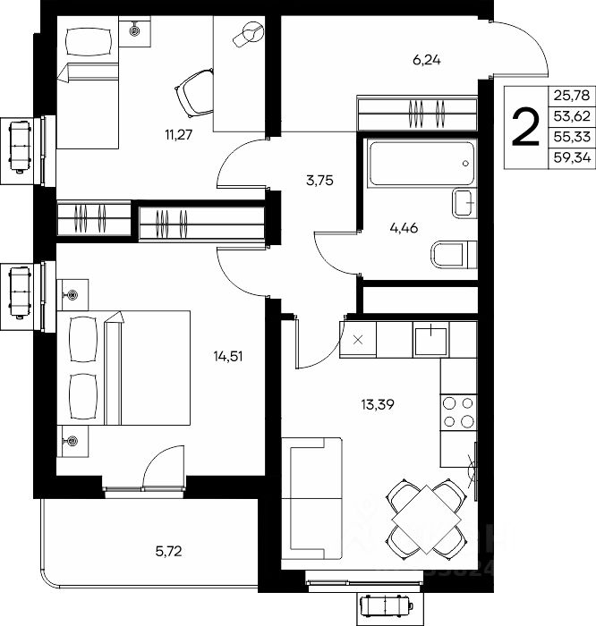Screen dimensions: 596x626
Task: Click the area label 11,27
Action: (179, 135)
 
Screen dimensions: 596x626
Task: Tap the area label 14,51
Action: (227, 356)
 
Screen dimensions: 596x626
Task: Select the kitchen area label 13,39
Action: (378, 405)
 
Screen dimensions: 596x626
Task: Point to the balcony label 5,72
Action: (168, 552)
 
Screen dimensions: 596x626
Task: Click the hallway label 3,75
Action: (319, 181)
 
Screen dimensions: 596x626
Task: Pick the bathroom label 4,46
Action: (404, 228)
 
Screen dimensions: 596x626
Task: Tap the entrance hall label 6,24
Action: (427, 60)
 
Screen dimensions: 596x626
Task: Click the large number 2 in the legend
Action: (525, 128)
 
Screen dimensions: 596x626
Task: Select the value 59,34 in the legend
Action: (572, 158)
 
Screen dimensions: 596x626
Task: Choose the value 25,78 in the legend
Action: (572, 96)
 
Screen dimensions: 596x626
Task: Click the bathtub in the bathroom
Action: (421, 162)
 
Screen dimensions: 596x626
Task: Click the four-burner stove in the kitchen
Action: (458, 412)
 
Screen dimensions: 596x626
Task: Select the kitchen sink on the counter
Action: (431, 340)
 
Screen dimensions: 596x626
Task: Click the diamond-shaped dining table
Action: (427, 520)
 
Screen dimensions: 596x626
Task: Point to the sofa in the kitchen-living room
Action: (311, 498)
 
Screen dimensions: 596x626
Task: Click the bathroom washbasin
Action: (465, 203)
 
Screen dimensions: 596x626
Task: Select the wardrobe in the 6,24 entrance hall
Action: (417, 113)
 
